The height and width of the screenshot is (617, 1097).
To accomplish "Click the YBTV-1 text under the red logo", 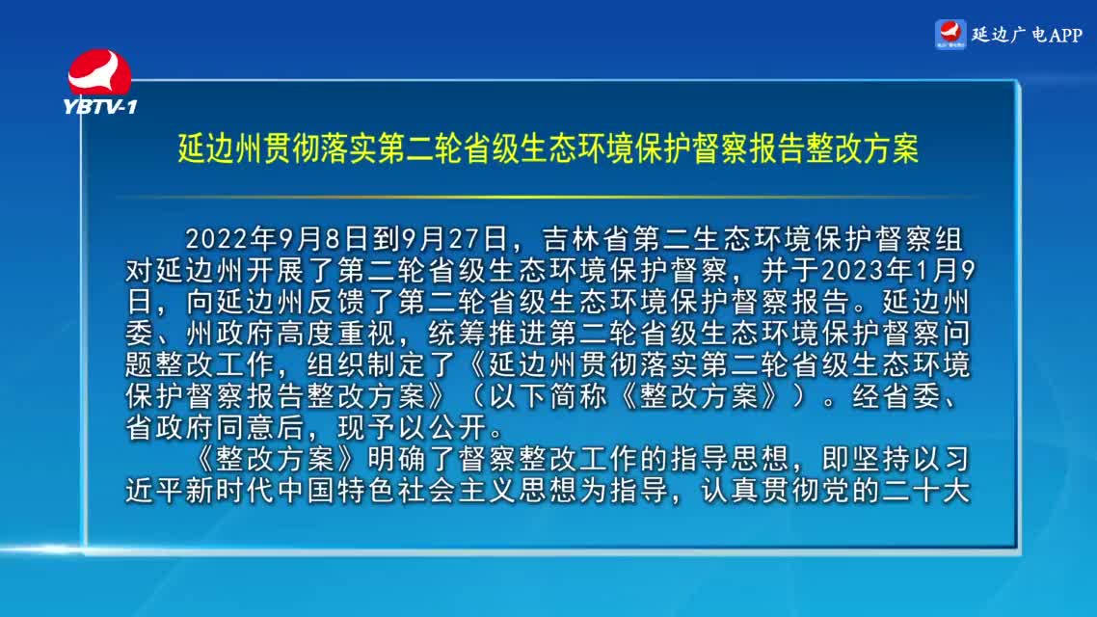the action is click(x=100, y=106).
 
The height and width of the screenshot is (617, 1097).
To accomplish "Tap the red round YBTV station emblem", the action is click(x=99, y=72).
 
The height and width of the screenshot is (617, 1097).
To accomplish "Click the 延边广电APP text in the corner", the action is click(x=1027, y=35).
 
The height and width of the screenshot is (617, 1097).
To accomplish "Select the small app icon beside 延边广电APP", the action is click(x=950, y=35).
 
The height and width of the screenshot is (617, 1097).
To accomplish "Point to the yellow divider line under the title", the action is click(x=548, y=198).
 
